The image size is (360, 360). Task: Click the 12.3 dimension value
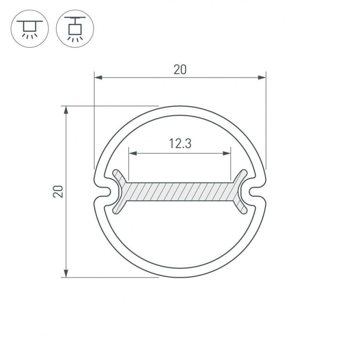click(180, 143)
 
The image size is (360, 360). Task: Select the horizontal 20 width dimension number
click(180, 70)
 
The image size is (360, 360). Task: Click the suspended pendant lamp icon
click(75, 29)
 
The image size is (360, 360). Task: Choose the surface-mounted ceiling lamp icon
click(30, 29)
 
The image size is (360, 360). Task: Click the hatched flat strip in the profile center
click(180, 192)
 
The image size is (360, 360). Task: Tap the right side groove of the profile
click(255, 192)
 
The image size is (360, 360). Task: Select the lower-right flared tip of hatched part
click(243, 210)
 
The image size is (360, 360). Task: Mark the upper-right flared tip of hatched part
click(243, 173)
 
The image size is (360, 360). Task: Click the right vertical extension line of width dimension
click(266, 122)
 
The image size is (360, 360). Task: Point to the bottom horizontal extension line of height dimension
click(111, 277)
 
